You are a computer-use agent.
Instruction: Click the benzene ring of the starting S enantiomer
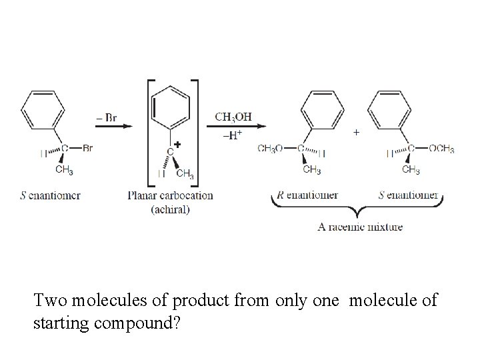(x=43, y=110)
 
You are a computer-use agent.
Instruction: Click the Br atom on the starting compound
(x=87, y=149)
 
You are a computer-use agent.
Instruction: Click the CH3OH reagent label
(x=233, y=116)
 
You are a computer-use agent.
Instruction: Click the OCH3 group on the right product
(x=441, y=149)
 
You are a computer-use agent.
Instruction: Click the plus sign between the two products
(x=355, y=133)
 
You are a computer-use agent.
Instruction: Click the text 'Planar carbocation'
(x=170, y=195)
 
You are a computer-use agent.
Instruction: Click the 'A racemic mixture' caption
(x=360, y=227)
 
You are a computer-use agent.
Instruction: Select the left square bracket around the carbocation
(x=150, y=133)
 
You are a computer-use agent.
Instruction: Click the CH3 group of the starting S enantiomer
(x=64, y=171)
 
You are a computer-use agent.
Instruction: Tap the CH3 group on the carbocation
(x=185, y=175)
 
